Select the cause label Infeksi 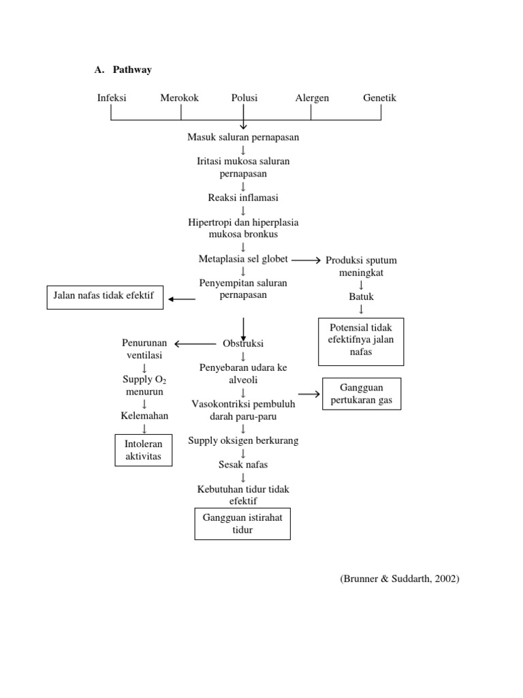click(112, 97)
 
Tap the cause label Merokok click(179, 97)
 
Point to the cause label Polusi click(244, 97)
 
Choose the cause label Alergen click(312, 97)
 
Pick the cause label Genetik click(379, 97)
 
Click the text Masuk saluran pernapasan click(243, 137)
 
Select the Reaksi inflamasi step click(243, 198)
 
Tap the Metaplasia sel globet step click(243, 259)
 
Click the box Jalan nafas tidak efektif click(105, 297)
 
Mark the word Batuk click(361, 297)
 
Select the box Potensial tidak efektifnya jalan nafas click(361, 341)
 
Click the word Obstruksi click(243, 344)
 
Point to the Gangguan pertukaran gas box click(361, 394)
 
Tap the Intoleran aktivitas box click(143, 450)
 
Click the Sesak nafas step click(243, 465)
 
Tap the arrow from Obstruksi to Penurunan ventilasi click(195, 344)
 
